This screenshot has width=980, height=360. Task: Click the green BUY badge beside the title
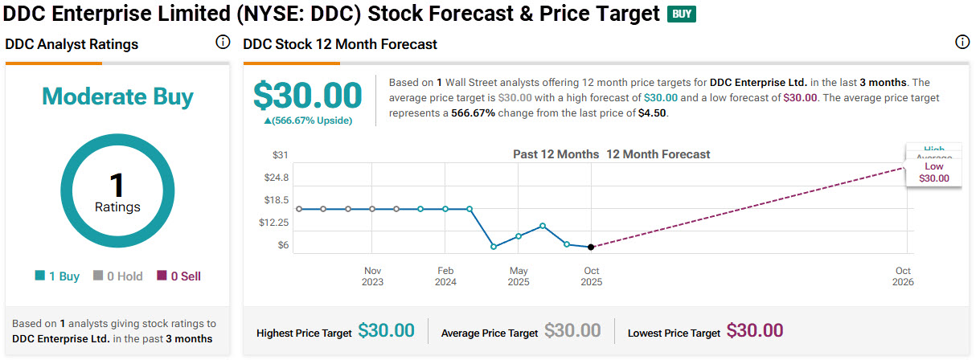(682, 14)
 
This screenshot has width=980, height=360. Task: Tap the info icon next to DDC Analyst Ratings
(223, 43)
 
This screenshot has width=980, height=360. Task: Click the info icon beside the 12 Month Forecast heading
(962, 43)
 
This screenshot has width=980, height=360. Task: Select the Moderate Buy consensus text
(117, 97)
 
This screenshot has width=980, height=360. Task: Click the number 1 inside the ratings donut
(117, 186)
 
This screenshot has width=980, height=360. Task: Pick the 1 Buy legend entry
(57, 276)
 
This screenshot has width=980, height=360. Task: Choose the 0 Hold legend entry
(118, 276)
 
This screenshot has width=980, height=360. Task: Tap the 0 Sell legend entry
(178, 276)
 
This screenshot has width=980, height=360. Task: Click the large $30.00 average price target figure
(308, 96)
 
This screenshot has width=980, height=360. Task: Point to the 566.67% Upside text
(308, 121)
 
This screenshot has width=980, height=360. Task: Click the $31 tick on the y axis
(281, 155)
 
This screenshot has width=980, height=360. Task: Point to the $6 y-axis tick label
(282, 245)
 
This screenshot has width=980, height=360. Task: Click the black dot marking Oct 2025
(591, 247)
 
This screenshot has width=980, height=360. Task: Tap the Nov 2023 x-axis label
(372, 276)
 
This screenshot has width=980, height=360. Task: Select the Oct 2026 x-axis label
(903, 276)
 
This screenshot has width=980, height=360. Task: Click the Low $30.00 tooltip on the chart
(933, 173)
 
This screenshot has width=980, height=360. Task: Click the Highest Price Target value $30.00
(386, 330)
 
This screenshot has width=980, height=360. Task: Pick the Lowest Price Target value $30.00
(755, 330)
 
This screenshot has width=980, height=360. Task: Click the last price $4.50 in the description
(654, 112)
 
